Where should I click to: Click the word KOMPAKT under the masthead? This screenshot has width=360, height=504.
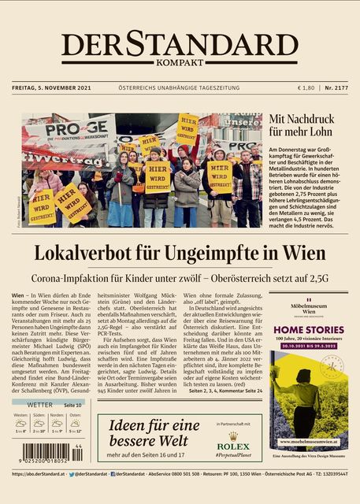[x=180, y=62]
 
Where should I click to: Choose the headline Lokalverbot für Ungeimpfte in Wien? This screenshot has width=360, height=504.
[x=180, y=254]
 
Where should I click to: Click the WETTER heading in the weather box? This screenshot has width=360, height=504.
[x=39, y=405]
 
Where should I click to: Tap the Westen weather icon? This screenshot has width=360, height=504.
[x=20, y=423]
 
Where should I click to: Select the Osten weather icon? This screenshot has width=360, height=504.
[x=75, y=423]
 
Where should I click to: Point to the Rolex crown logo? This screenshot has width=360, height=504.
[x=232, y=435]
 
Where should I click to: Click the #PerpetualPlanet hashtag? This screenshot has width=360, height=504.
[x=232, y=456]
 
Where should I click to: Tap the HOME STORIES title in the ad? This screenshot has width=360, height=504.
[x=308, y=330]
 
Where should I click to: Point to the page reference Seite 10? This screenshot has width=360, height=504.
[x=72, y=405]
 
